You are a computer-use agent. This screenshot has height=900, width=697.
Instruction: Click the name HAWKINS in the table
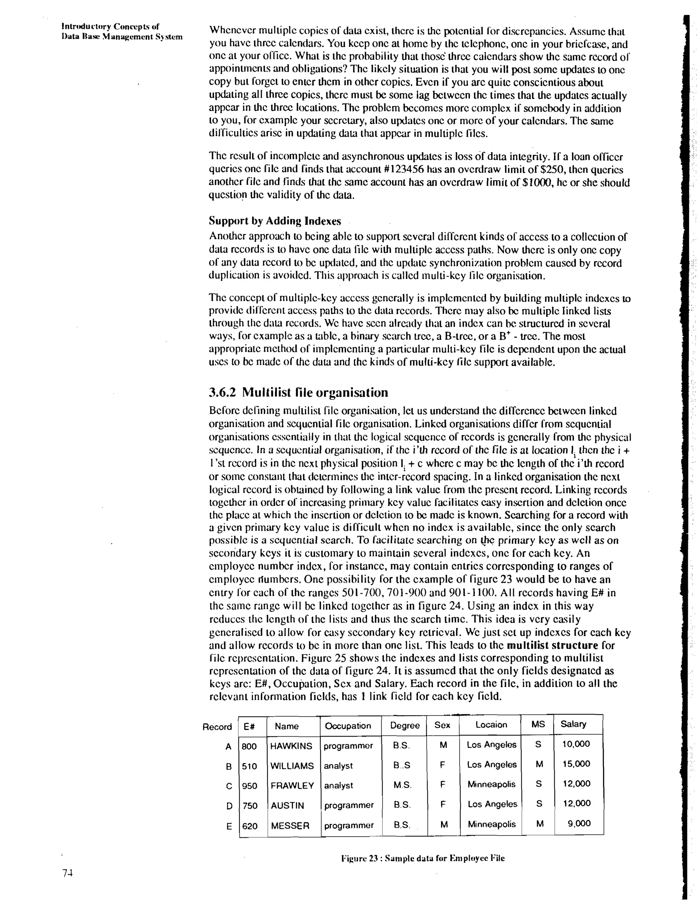pos(291,746)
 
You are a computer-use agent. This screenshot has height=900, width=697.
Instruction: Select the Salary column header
pos(573,724)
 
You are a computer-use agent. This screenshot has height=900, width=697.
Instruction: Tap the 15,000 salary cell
pos(576,764)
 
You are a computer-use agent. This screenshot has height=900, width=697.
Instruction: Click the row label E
pos(229,826)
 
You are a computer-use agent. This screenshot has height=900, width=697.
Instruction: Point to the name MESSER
pos(290,826)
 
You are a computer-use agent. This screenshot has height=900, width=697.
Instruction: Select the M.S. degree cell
pos(402,785)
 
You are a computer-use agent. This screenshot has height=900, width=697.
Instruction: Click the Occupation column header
pos(347,725)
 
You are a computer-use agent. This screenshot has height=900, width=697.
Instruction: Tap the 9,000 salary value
pos(579,823)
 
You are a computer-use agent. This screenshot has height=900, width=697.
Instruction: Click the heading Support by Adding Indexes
pos(275,221)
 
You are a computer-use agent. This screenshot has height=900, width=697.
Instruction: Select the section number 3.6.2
pos(222,392)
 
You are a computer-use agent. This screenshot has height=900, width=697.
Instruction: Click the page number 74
pos(67,873)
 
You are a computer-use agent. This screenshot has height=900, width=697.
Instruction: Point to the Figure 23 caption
pos(423,858)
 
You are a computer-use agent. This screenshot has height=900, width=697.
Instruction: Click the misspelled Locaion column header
pos(491,724)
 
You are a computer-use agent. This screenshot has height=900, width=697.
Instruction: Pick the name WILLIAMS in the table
pos(292,766)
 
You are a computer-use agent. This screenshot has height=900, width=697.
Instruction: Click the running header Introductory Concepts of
pos(110,27)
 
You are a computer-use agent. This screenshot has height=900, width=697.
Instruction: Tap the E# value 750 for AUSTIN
pos(249,806)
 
